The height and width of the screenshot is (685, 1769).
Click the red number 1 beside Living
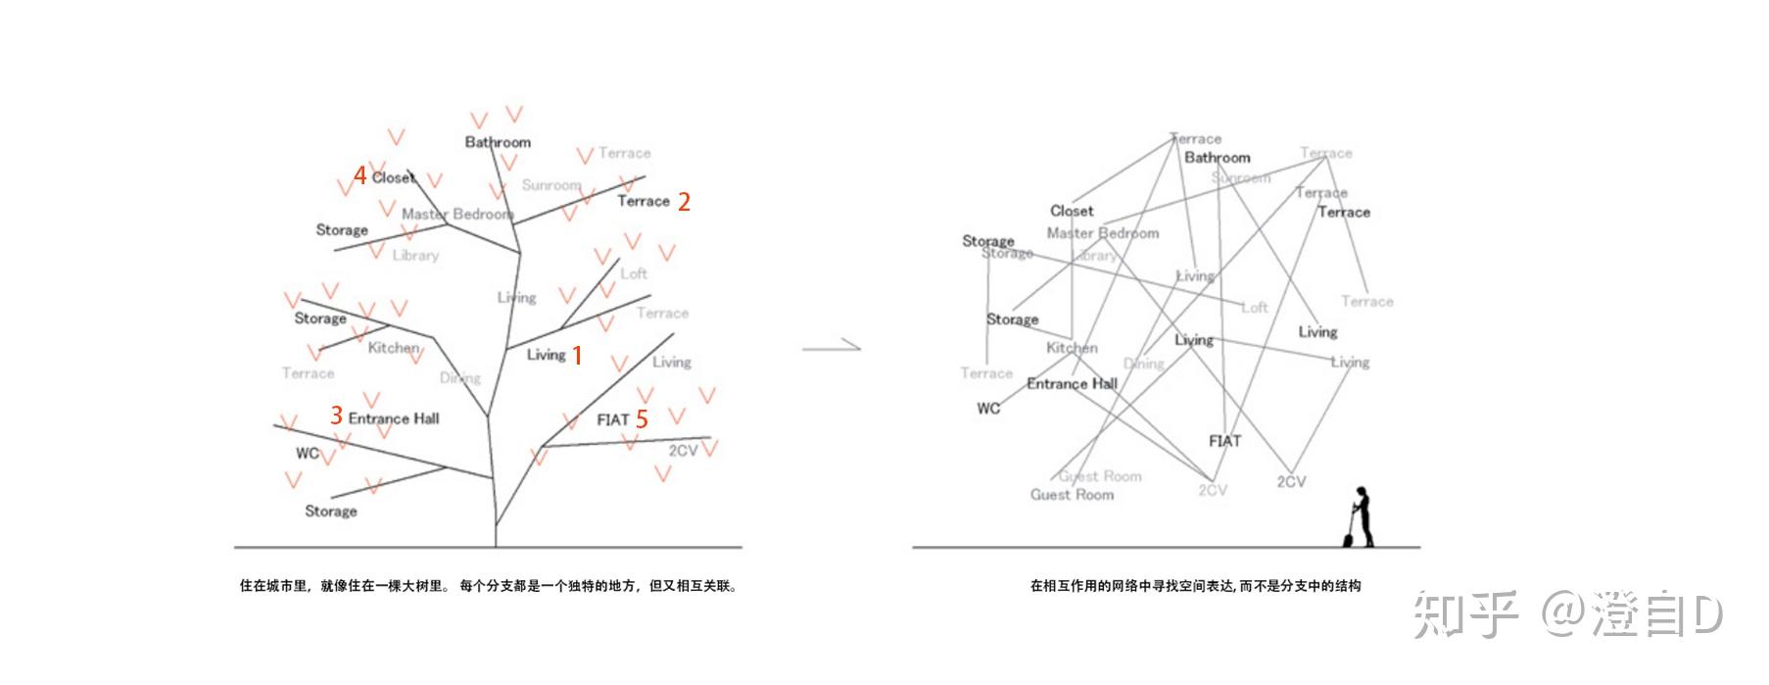click(x=578, y=356)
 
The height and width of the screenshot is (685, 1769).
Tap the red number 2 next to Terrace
click(x=684, y=202)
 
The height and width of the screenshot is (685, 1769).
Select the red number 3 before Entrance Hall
click(x=336, y=416)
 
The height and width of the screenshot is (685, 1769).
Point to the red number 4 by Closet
click(x=360, y=175)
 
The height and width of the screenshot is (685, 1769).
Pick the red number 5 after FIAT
click(x=642, y=419)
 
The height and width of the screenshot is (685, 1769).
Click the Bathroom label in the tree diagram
click(x=498, y=142)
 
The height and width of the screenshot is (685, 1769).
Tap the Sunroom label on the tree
click(x=550, y=185)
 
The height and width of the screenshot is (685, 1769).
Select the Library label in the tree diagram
click(x=415, y=256)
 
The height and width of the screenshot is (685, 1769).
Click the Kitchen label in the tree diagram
click(x=393, y=348)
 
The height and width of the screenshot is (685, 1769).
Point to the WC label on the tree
click(x=307, y=453)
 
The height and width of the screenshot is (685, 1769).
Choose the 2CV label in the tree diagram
click(x=683, y=451)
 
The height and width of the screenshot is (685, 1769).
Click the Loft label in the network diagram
click(x=1255, y=308)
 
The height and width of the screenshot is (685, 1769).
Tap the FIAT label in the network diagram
click(x=1224, y=441)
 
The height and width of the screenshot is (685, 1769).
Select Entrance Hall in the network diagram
click(x=1072, y=384)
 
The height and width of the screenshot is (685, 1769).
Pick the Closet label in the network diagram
click(x=1072, y=211)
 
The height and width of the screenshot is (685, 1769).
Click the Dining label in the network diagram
click(x=1143, y=364)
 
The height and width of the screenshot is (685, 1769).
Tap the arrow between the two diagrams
click(x=831, y=345)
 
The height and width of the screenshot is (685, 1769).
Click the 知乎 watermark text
click(x=1463, y=614)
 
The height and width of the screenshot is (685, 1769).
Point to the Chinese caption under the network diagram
click(x=1195, y=586)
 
